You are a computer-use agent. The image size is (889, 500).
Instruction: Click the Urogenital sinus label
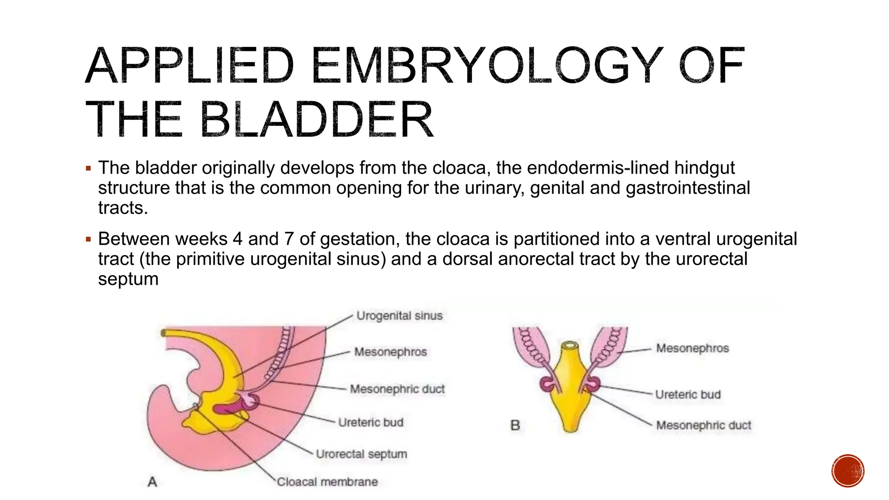[399, 316]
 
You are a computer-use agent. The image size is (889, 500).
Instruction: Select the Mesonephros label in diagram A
[390, 352]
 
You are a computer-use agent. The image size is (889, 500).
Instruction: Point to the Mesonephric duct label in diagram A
[397, 389]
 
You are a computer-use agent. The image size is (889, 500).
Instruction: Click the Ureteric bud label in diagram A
[371, 422]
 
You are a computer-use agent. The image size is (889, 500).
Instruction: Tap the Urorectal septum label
[362, 454]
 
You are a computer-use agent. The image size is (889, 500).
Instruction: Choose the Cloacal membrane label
[327, 482]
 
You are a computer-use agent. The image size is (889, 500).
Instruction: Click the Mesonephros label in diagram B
[692, 348]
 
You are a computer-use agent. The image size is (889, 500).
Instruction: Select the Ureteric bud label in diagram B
[688, 395]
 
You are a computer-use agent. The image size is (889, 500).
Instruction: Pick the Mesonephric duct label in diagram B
[703, 425]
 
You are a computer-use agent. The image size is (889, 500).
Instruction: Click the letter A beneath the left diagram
[152, 482]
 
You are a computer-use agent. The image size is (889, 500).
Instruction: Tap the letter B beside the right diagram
[515, 425]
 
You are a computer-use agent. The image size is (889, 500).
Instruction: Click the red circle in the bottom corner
[848, 471]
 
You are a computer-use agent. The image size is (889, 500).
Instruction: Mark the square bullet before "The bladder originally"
[89, 168]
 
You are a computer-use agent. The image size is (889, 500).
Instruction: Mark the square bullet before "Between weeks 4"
[89, 240]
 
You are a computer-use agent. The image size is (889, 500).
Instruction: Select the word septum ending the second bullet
[128, 279]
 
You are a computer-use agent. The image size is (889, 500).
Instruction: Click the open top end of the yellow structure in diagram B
[570, 345]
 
